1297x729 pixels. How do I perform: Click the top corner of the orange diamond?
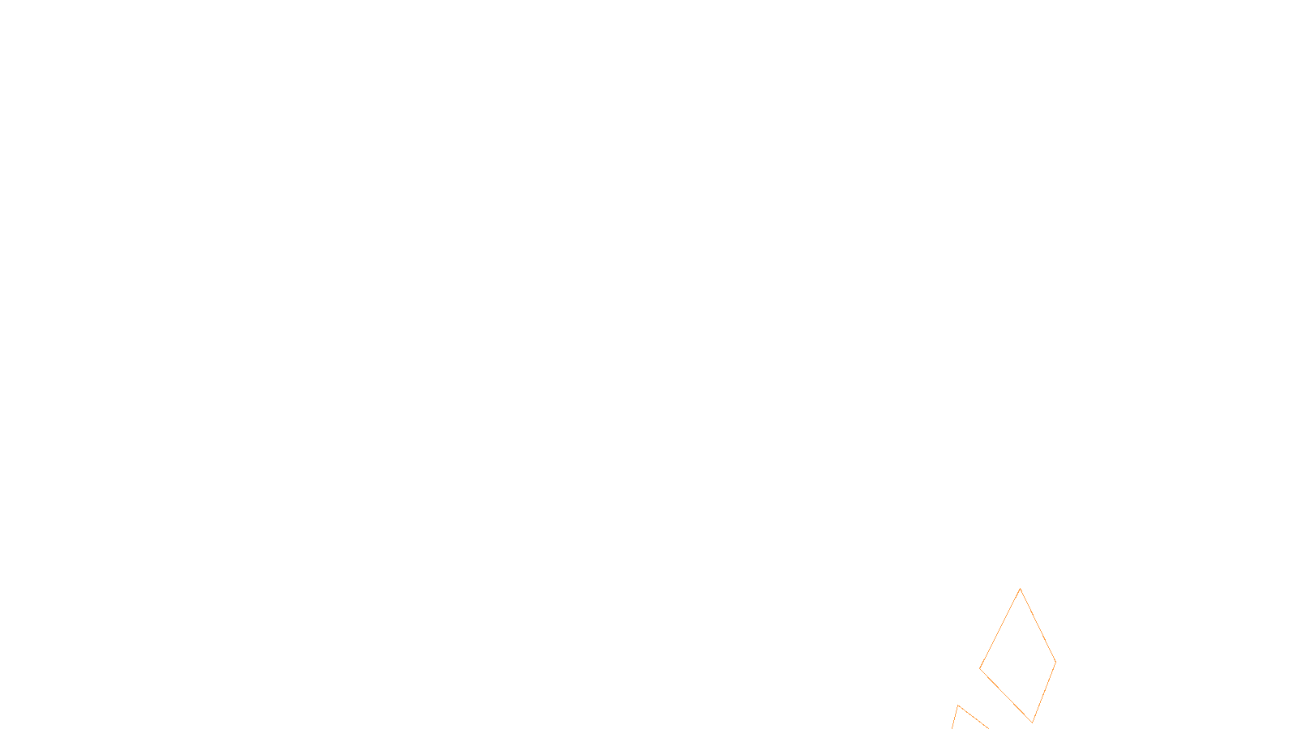(1020, 589)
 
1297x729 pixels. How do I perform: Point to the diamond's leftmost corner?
(980, 668)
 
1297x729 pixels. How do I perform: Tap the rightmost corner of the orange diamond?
(1055, 662)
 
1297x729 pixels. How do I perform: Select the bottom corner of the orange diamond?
(1033, 722)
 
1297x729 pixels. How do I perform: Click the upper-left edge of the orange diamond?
(1000, 629)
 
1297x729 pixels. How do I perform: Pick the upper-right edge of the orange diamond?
(1038, 625)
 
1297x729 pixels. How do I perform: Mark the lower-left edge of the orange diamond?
(1006, 695)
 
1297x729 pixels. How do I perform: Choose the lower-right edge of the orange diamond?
(1044, 692)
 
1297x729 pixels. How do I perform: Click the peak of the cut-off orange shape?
(958, 706)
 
